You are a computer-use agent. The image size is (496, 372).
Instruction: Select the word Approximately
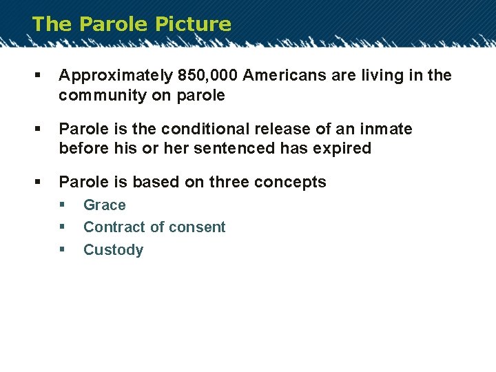(114, 76)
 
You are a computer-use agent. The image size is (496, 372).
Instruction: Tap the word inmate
(386, 129)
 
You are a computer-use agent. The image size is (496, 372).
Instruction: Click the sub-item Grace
(105, 205)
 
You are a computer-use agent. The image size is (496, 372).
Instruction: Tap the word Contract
(112, 227)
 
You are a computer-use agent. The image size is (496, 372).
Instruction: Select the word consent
(198, 227)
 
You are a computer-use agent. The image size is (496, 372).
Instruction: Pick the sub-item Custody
(113, 250)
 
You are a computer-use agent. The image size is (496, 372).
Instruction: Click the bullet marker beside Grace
(62, 205)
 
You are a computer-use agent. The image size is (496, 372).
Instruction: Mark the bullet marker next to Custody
(62, 250)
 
